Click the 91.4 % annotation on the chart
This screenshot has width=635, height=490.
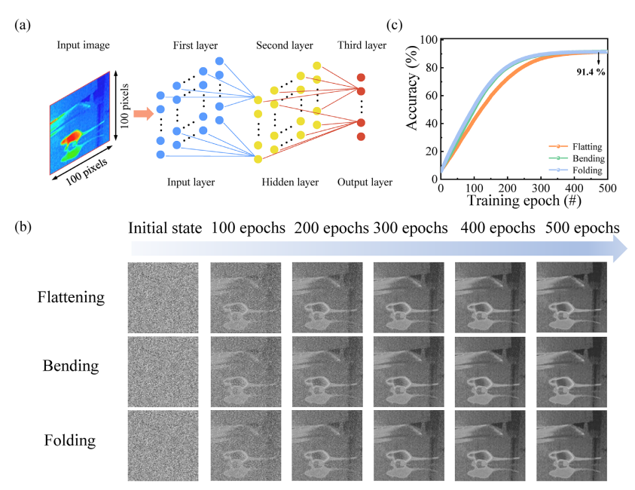click(591, 72)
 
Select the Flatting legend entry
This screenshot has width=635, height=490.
click(575, 146)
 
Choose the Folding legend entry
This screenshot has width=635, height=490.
click(575, 170)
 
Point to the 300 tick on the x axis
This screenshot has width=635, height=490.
click(541, 188)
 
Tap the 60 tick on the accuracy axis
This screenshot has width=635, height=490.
click(432, 96)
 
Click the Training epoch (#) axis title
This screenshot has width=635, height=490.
click(524, 201)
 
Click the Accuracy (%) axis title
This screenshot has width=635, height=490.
click(411, 87)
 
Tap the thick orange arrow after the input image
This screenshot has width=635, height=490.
click(143, 114)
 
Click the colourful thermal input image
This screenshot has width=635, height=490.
click(80, 123)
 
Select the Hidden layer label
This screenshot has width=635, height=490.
click(290, 182)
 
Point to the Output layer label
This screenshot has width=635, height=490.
click(365, 182)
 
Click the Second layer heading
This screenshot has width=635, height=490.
click(284, 45)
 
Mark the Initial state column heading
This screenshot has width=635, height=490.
click(165, 228)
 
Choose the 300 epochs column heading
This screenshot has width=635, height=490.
click(411, 228)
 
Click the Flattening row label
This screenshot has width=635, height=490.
click(71, 297)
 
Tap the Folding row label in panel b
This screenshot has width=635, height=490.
click(69, 440)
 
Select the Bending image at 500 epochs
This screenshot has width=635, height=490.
click(572, 372)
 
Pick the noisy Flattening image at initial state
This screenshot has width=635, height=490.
click(163, 298)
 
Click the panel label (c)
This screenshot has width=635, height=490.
click(395, 25)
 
